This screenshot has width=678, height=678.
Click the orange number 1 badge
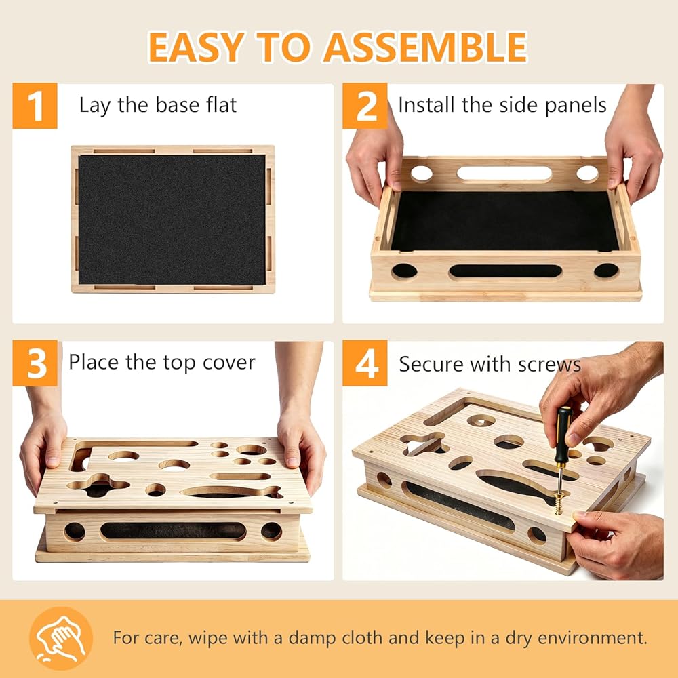pyautogui.click(x=35, y=106)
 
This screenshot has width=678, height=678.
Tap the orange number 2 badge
pyautogui.click(x=365, y=106)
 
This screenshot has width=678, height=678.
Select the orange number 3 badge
pyautogui.click(x=35, y=363)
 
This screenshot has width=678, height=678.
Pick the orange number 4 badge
pyautogui.click(x=365, y=363)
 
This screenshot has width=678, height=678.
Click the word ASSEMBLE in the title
pyautogui.click(x=426, y=47)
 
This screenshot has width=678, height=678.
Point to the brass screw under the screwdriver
pyautogui.click(x=559, y=502)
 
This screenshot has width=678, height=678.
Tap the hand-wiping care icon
pyautogui.click(x=61, y=638)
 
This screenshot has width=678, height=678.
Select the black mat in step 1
pyautogui.click(x=172, y=220)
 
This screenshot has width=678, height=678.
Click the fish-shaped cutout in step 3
pyautogui.click(x=232, y=492)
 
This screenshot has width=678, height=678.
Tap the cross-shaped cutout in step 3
pyautogui.click(x=98, y=485)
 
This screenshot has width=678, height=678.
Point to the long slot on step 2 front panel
pyautogui.click(x=506, y=271)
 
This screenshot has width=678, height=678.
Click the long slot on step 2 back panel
pyautogui.click(x=504, y=174)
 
